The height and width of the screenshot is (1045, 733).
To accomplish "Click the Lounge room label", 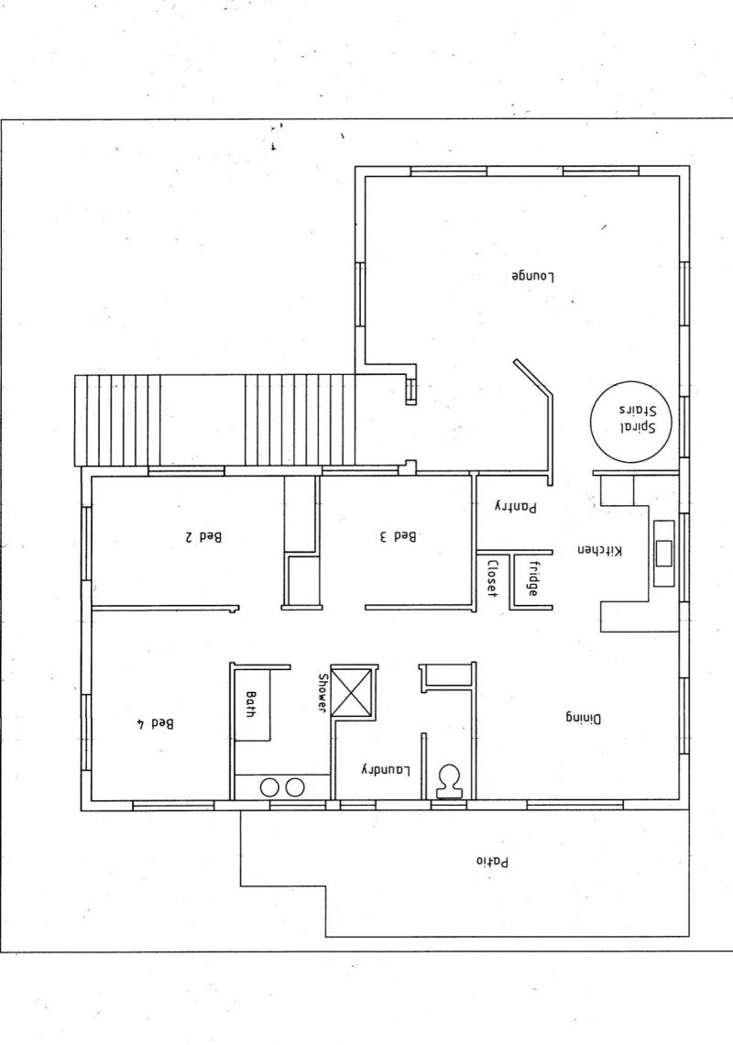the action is tap(533, 275).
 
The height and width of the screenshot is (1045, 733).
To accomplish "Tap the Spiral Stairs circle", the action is tap(590, 420).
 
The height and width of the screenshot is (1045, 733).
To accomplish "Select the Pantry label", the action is tap(515, 507).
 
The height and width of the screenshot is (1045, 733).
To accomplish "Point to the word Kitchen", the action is tap(599, 551).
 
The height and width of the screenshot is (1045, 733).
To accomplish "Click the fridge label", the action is tap(534, 577).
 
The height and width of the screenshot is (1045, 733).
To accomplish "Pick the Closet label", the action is tap(492, 577).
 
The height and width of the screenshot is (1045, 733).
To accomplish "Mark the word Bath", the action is tap(250, 704).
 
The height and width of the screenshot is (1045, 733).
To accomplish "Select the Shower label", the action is tap(323, 693).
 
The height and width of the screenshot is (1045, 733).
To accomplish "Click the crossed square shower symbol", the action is tap(353, 689).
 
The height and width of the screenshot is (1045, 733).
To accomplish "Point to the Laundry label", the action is tap(387, 770).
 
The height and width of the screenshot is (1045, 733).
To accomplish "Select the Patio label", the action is tap(492, 861).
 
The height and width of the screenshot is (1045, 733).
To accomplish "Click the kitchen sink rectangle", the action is tap(664, 553).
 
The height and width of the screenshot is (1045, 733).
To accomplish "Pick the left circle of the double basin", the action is tap(269, 787).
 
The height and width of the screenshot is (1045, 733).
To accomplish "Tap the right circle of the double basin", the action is tap(295, 787).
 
